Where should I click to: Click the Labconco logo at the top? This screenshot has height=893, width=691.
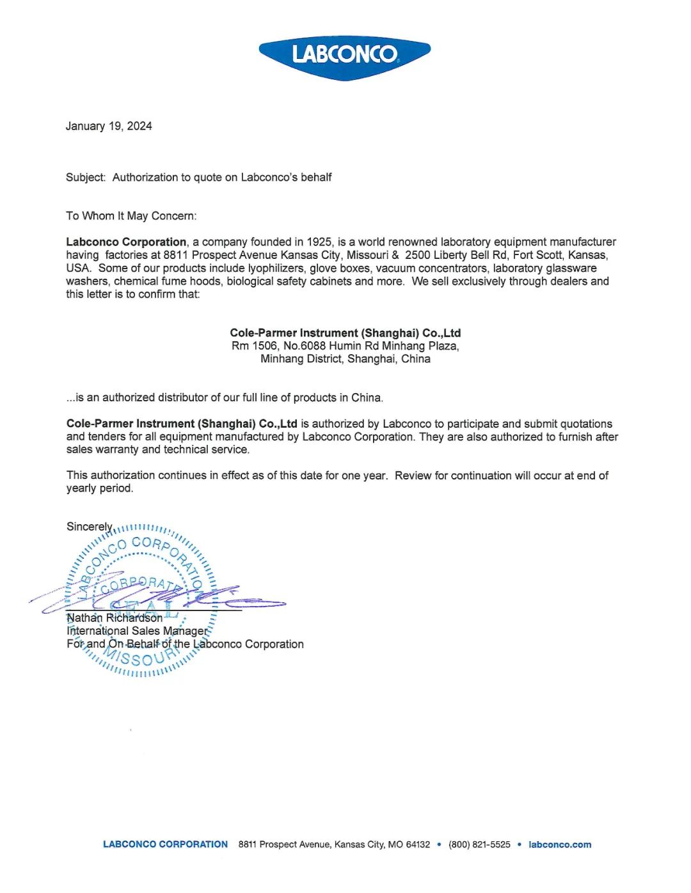click(344, 56)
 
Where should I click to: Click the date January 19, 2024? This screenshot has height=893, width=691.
click(109, 126)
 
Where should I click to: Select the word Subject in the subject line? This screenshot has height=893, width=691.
click(85, 177)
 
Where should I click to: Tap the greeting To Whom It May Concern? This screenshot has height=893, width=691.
click(131, 216)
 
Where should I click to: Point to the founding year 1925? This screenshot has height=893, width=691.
click(319, 242)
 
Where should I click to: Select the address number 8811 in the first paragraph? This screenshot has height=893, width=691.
click(175, 255)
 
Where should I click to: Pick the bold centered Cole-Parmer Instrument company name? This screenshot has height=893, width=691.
click(345, 332)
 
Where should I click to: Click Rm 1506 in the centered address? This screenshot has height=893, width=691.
click(254, 346)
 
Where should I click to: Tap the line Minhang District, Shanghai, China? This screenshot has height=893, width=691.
click(345, 359)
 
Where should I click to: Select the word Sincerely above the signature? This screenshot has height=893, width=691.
click(90, 527)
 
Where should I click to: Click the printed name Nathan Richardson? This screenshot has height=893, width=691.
click(115, 618)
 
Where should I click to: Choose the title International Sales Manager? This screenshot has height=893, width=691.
click(138, 631)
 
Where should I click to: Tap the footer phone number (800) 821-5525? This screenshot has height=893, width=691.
click(479, 844)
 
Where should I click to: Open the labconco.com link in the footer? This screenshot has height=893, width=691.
click(560, 844)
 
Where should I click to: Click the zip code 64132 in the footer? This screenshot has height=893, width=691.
click(418, 844)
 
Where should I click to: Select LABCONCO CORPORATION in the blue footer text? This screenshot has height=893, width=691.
click(165, 844)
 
